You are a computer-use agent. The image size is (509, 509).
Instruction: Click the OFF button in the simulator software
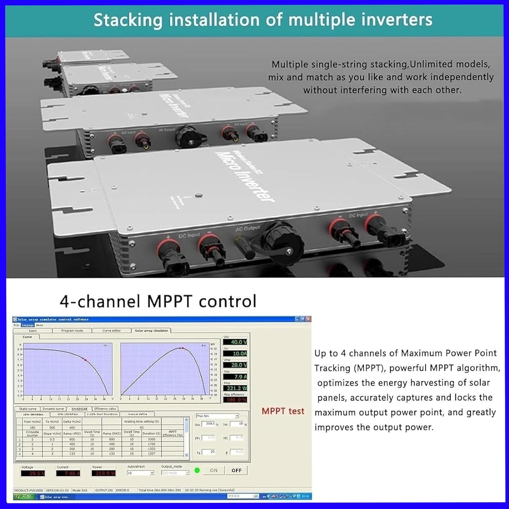tap(237, 470)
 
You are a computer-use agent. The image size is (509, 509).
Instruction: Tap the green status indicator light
tap(197, 470)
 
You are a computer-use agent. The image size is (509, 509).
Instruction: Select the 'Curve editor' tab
tap(112, 331)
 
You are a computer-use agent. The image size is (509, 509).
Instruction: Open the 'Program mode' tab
tap(72, 331)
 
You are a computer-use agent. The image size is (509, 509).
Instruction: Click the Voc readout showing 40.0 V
tap(235, 342)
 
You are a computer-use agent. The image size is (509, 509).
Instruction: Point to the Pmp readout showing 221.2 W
tap(235, 388)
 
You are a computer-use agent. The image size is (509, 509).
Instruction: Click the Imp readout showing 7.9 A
tap(235, 377)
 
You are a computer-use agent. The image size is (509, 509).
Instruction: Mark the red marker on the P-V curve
tap(183, 348)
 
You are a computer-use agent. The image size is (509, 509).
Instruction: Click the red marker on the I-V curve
tap(85, 360)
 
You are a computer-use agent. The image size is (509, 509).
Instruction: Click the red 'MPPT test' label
tap(283, 411)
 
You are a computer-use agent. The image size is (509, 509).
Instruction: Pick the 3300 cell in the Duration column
tap(151, 439)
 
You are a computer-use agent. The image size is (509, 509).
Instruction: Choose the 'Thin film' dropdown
tap(218, 416)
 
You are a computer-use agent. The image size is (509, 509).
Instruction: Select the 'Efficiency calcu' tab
tap(105, 409)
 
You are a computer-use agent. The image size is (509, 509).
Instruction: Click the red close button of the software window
tap(308, 319)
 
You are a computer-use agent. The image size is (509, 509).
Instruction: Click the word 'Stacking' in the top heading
tap(128, 20)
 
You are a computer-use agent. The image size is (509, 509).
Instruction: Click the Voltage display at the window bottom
tap(33, 473)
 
